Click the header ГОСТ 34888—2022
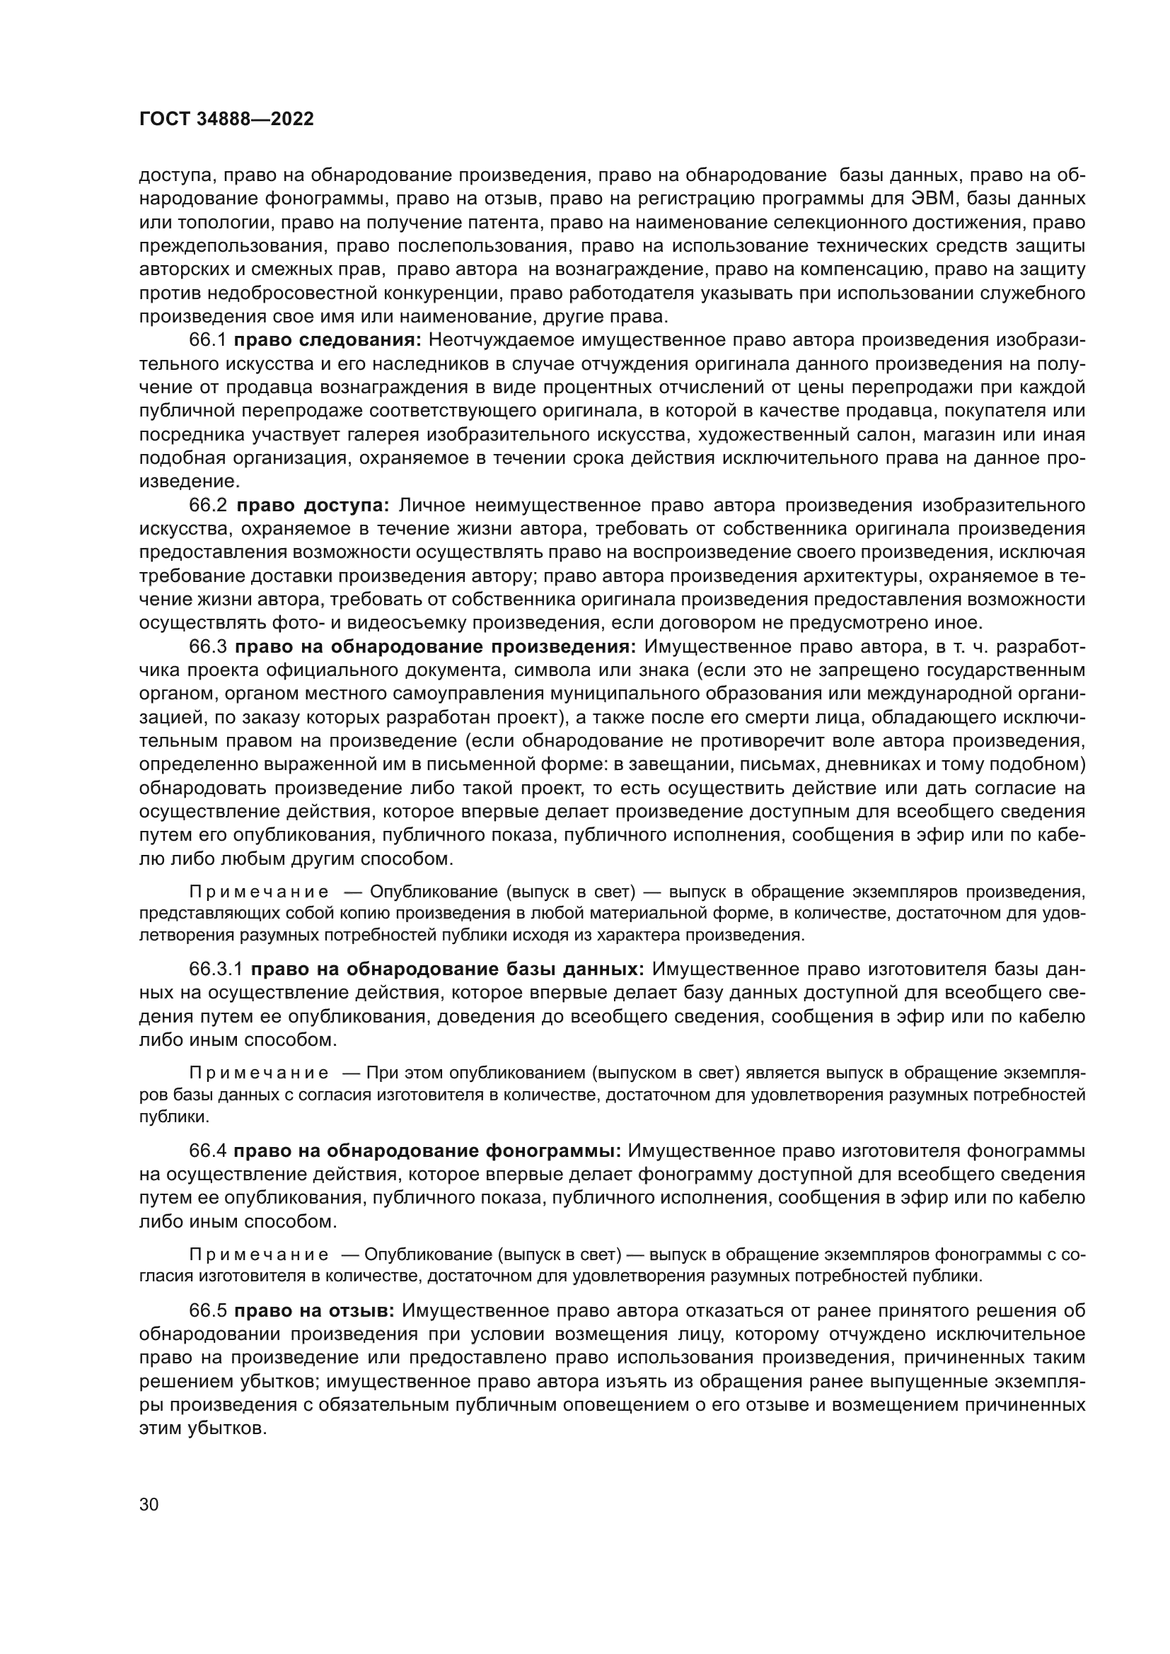[x=226, y=120]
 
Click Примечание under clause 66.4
[x=259, y=1254]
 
